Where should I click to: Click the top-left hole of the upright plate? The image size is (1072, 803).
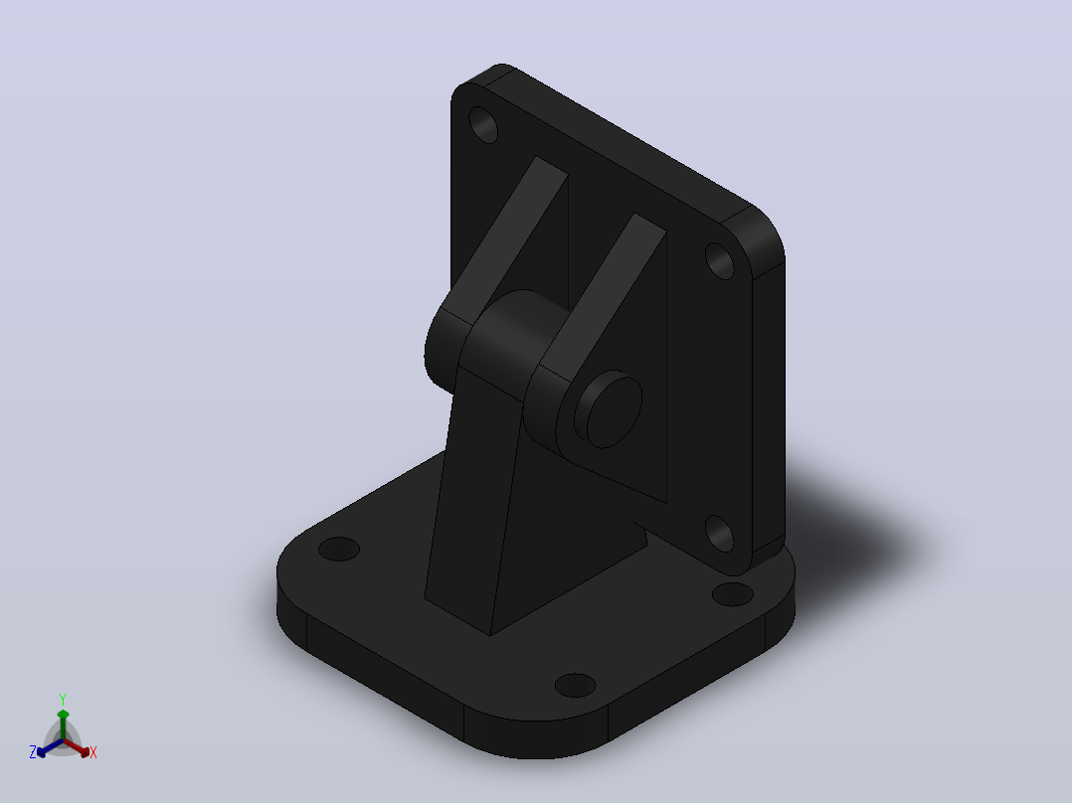click(483, 124)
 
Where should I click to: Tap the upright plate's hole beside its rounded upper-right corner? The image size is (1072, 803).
click(719, 260)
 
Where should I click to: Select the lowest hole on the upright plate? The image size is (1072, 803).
click(719, 533)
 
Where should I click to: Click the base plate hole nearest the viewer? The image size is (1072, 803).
click(575, 685)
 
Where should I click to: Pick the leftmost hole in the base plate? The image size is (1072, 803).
click(339, 549)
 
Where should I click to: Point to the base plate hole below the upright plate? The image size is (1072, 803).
click(732, 594)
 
